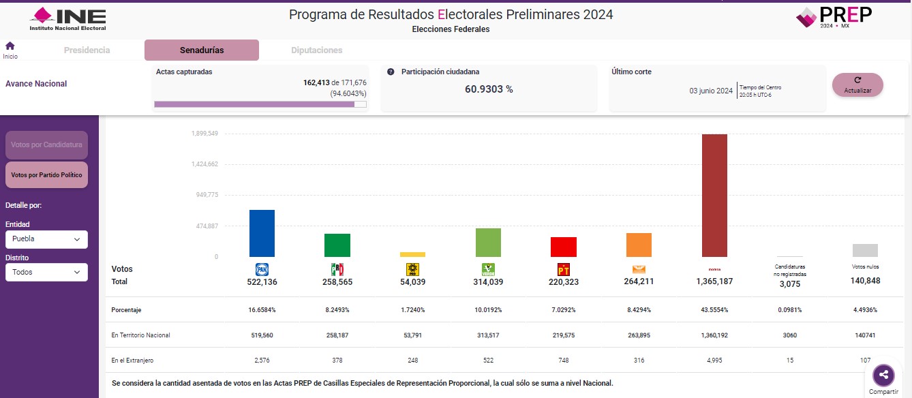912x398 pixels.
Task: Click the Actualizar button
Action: [x=857, y=85]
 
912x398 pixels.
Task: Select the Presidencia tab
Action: [x=87, y=50]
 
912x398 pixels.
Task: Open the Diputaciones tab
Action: [x=316, y=50]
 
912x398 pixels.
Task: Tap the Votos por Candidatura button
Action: [x=46, y=145]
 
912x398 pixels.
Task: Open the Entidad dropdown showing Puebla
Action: [x=46, y=239]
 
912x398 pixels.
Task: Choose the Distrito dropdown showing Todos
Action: [x=46, y=272]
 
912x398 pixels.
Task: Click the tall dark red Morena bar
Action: [x=714, y=196]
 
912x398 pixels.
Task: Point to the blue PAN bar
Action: [x=262, y=233]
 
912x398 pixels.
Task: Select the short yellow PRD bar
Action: [x=412, y=254]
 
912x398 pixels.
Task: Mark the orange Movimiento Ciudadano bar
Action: [x=639, y=245]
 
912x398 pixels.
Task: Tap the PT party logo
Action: [x=563, y=269]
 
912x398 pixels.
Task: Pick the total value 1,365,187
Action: [x=714, y=281]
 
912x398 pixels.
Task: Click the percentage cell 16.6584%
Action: [x=262, y=310]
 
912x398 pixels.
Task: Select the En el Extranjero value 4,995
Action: [x=714, y=360]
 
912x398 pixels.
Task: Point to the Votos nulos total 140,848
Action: [x=865, y=281]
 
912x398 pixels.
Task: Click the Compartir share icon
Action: [x=883, y=374]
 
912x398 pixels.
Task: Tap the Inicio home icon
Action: [x=10, y=46]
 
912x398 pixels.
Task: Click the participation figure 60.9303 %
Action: [x=489, y=89]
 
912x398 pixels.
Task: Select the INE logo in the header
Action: [x=68, y=18]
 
